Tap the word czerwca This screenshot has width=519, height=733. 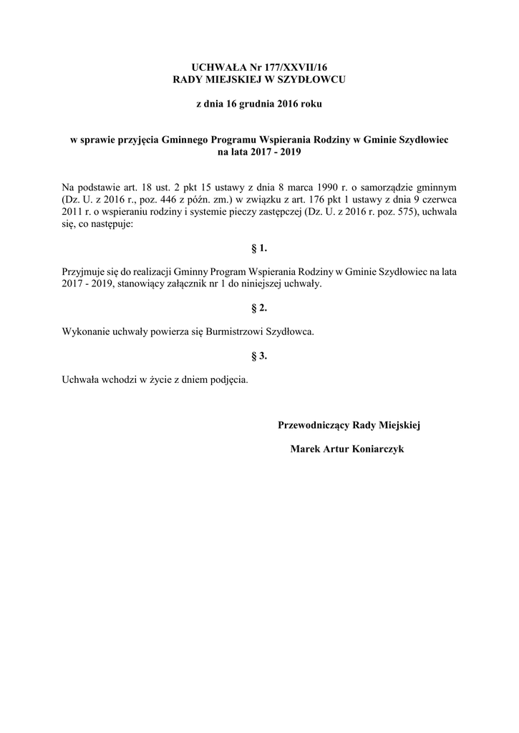[x=440, y=199]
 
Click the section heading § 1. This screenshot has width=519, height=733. [x=259, y=248]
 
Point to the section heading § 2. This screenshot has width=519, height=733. [x=259, y=308]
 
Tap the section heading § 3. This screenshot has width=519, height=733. [x=259, y=355]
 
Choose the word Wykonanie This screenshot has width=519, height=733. [x=84, y=331]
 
